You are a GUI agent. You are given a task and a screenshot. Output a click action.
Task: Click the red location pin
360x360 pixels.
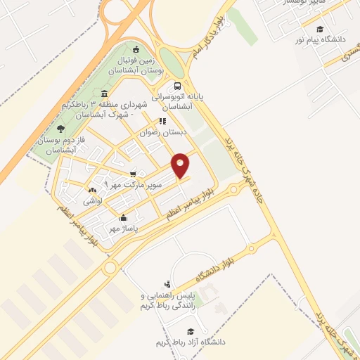pos(181,165)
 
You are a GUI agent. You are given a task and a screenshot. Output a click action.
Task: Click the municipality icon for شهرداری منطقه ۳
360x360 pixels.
pos(104,94)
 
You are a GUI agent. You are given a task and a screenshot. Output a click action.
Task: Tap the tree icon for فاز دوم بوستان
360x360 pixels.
pos(60,129)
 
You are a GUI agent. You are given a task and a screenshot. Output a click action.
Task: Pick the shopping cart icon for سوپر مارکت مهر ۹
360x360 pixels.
pos(132,173)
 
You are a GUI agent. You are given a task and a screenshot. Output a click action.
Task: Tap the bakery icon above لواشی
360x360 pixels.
pos(93,191)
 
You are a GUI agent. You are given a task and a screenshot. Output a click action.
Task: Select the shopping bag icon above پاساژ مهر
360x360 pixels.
pos(124,217)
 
